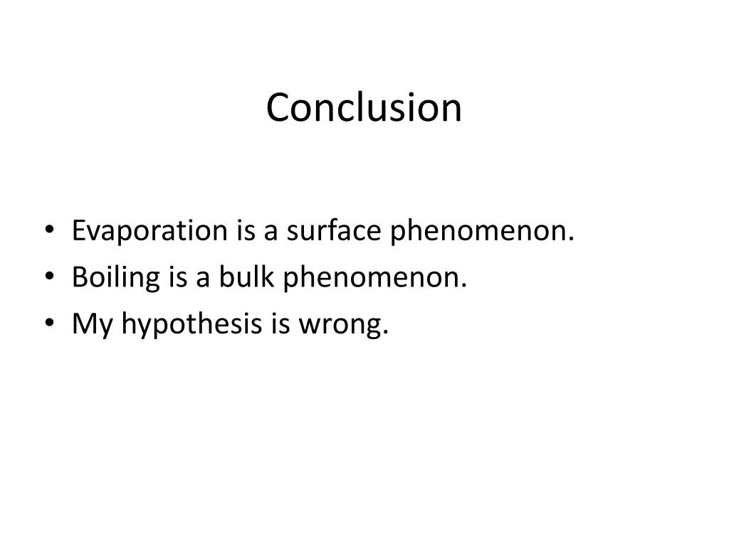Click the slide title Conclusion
(364, 108)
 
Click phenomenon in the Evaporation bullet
(481, 232)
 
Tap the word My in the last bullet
(93, 326)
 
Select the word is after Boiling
(177, 278)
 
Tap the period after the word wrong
(387, 332)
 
